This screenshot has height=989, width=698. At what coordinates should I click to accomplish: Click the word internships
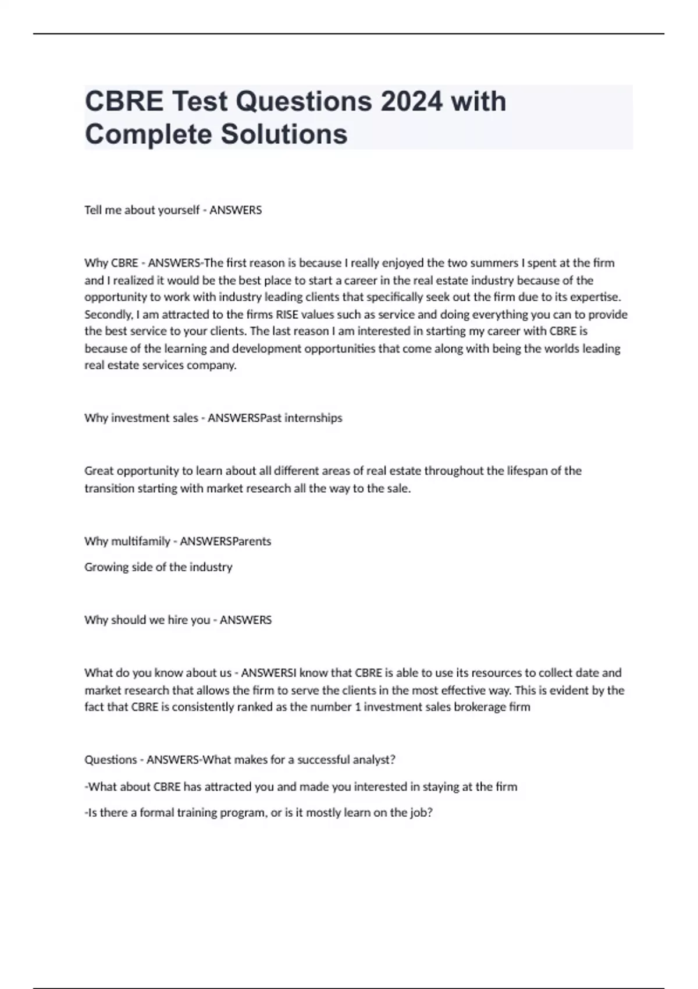(x=313, y=418)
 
